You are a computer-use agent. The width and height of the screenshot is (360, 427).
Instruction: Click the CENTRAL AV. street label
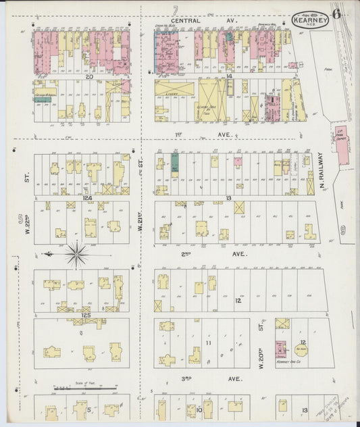click(x=203, y=20)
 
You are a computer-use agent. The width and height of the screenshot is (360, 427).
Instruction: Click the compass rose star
click(x=76, y=255)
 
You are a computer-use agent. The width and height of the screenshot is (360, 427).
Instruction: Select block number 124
click(x=86, y=198)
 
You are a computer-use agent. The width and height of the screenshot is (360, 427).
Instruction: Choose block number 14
click(x=230, y=77)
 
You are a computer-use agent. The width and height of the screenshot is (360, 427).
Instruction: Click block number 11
click(x=208, y=343)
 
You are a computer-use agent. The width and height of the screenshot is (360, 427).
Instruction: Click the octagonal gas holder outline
click(x=303, y=349)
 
